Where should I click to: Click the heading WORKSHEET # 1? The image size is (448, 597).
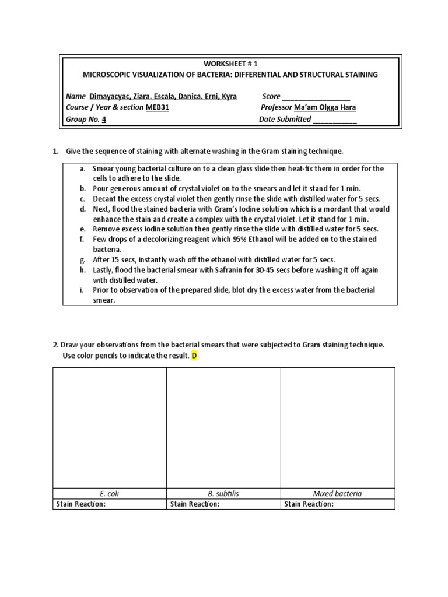click(230, 64)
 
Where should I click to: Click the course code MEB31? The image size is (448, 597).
click(157, 108)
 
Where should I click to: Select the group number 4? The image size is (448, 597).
click(104, 120)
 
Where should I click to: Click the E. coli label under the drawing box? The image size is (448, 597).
click(109, 493)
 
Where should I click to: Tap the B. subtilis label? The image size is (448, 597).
click(223, 493)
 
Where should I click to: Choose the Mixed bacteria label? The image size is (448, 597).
click(337, 493)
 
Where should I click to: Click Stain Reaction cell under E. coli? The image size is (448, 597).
click(109, 504)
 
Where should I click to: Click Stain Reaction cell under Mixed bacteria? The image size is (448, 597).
click(337, 504)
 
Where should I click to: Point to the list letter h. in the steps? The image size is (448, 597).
click(83, 270)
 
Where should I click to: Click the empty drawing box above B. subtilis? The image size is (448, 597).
click(223, 427)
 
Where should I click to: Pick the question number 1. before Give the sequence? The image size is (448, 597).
click(55, 152)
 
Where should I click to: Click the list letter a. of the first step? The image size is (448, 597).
click(83, 168)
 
